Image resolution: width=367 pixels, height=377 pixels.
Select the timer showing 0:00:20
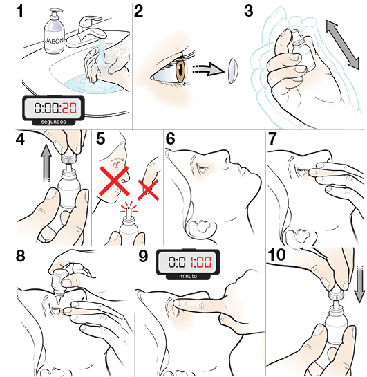[x=50, y=107]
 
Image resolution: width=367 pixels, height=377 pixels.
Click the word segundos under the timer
[x=50, y=120]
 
